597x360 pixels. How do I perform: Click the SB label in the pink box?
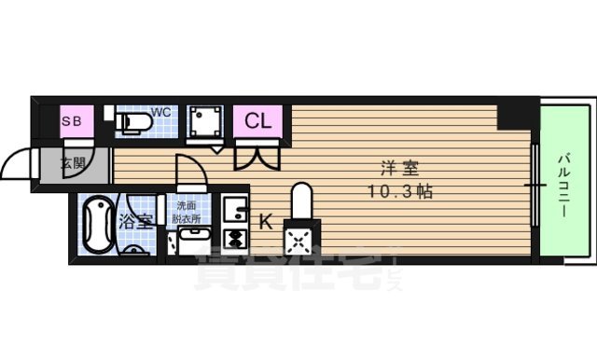72,121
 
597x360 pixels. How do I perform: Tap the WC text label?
161,113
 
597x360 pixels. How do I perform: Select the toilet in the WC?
132,122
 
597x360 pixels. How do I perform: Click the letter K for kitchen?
265,222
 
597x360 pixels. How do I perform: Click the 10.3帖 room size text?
398,193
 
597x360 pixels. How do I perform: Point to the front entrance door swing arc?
16,165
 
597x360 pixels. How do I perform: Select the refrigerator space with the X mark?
301,240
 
